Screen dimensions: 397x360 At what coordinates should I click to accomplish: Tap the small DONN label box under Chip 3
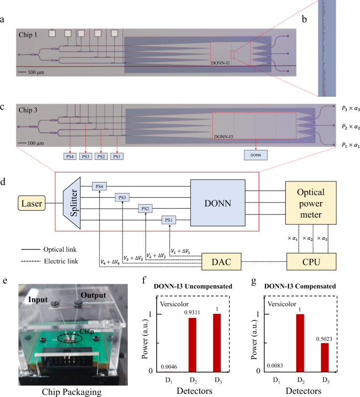256,155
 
